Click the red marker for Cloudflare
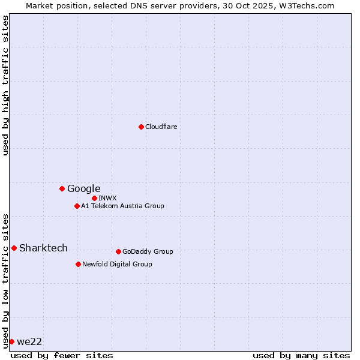(141, 127)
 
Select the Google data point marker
(62, 188)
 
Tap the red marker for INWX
(94, 198)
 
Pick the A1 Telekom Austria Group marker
(77, 206)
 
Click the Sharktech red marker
(14, 248)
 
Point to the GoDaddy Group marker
(118, 251)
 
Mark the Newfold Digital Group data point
(78, 264)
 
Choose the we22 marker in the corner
(11, 341)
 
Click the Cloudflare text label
(161, 127)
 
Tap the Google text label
(83, 188)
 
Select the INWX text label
(107, 198)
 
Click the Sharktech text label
(43, 248)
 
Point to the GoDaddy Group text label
(148, 251)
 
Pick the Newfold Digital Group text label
(117, 264)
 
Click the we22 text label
(29, 341)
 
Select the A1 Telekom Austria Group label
(122, 206)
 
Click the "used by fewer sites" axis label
(62, 355)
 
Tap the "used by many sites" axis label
(301, 355)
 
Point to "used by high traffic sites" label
(5, 85)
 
